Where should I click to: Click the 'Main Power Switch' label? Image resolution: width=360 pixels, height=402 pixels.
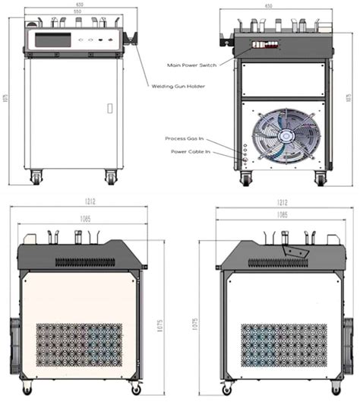coord(191,65)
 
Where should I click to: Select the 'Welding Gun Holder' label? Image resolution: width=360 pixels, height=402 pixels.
coord(178,86)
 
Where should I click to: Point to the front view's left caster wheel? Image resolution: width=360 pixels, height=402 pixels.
coord(35,178)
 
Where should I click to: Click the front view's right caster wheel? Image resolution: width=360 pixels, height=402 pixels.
coord(111,178)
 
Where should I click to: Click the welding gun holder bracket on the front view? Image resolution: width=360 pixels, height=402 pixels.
coord(134,38)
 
